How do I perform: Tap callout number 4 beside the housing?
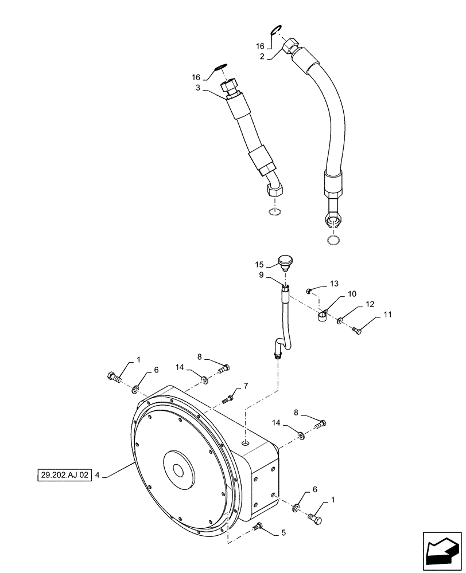click(x=98, y=474)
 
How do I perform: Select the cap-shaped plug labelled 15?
click(x=284, y=262)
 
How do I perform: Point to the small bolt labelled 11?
click(x=356, y=329)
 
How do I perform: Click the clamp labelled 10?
click(x=322, y=315)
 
